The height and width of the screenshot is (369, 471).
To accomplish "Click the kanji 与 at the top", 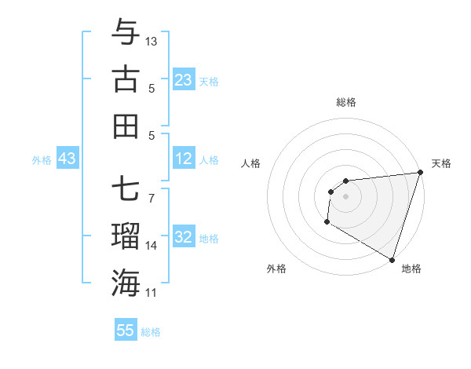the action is click(126, 35).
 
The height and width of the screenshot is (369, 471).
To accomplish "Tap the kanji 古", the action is click(126, 79).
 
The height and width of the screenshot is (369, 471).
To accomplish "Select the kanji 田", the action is click(126, 126).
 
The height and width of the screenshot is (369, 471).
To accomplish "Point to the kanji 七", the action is click(126, 191).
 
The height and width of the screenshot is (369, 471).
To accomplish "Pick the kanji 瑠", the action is click(126, 236).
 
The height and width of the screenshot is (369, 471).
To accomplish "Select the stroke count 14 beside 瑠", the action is click(152, 246).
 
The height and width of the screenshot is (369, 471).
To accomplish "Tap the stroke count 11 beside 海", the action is click(152, 293).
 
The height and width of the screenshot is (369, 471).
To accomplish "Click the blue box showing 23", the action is click(184, 80).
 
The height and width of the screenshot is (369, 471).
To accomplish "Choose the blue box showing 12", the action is click(184, 159).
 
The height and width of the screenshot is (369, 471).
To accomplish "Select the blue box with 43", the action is click(68, 159).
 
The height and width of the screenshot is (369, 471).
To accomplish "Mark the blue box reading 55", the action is click(126, 331).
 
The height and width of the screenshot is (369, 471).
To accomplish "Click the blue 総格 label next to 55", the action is click(151, 332).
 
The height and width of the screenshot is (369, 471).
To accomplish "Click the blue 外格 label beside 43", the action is click(42, 160).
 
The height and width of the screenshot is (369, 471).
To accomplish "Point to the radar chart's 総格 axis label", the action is click(346, 102).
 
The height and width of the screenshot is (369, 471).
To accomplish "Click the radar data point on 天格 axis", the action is click(419, 173).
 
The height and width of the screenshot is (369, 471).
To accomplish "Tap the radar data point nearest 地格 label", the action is click(392, 259).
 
